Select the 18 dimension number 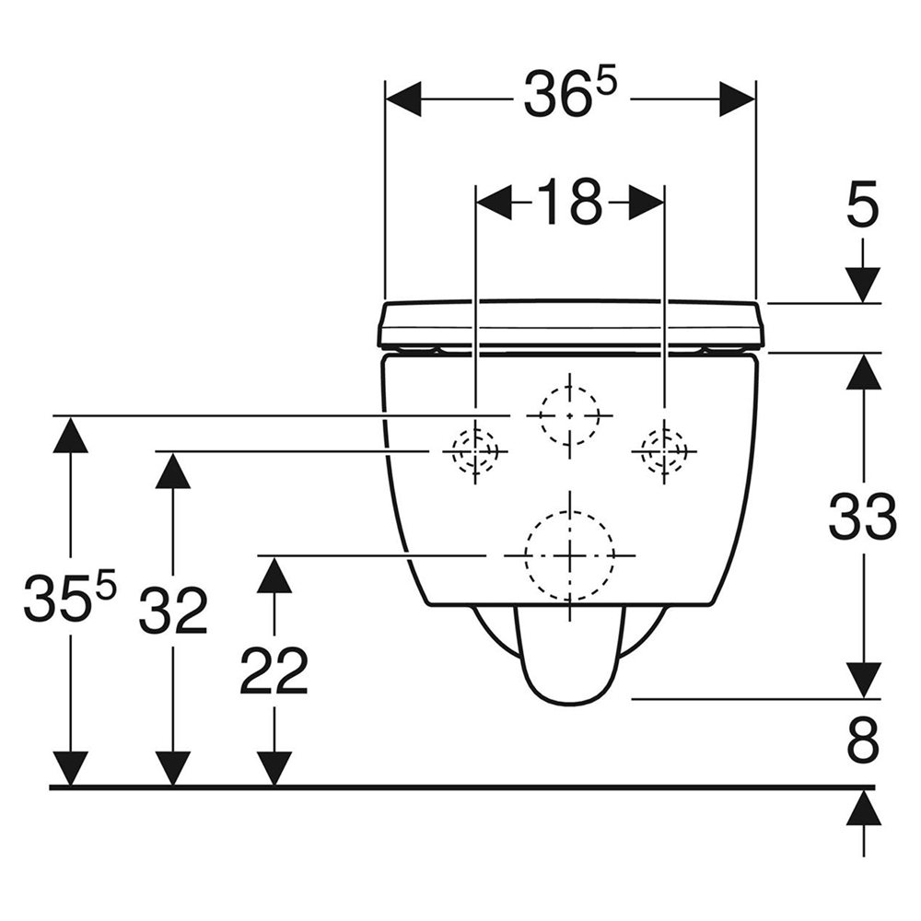(x=570, y=202)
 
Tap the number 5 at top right (x=863, y=204)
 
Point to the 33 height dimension (x=863, y=517)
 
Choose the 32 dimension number (x=173, y=611)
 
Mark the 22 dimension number (x=274, y=670)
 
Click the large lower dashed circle (x=570, y=555)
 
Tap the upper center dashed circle (x=570, y=415)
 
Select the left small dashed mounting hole (x=475, y=451)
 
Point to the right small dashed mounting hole (x=664, y=451)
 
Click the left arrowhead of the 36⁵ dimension (x=403, y=99)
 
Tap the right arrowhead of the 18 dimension (x=647, y=204)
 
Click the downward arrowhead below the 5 (x=863, y=285)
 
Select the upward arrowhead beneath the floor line (x=863, y=807)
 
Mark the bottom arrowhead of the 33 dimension (x=863, y=681)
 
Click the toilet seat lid (x=570, y=323)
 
